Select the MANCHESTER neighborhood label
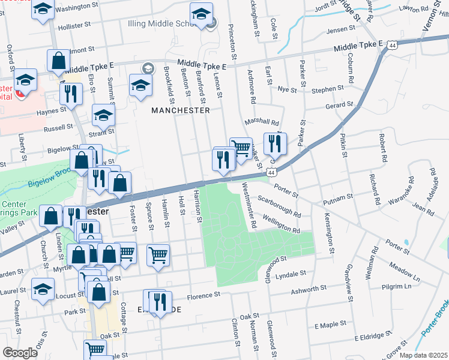click(x=181, y=110)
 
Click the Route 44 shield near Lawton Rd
click(x=392, y=45)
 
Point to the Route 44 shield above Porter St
click(x=272, y=172)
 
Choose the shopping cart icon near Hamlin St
click(x=158, y=254)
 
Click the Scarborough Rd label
click(x=279, y=205)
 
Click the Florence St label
click(x=204, y=296)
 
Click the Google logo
click(x=20, y=353)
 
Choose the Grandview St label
click(x=348, y=283)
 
